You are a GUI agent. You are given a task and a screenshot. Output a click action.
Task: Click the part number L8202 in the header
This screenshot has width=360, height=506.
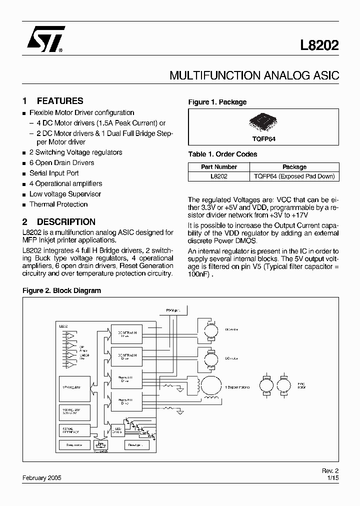(x=319, y=45)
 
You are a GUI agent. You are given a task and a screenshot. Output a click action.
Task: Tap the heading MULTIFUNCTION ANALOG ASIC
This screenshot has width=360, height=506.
(x=254, y=76)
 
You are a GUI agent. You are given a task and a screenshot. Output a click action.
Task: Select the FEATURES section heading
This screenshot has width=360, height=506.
(x=60, y=100)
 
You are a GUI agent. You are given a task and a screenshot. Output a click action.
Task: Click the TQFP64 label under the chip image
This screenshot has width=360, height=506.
(x=263, y=139)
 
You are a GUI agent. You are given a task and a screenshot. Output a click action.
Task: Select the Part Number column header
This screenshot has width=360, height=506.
(x=219, y=167)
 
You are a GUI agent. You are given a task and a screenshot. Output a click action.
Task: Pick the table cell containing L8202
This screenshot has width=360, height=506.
(x=219, y=176)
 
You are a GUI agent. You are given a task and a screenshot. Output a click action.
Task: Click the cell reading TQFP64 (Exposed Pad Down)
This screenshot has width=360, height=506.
(x=294, y=176)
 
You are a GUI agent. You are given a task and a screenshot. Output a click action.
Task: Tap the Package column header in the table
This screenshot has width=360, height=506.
(x=294, y=167)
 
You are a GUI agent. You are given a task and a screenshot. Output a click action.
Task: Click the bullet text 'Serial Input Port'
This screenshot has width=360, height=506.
(x=54, y=173)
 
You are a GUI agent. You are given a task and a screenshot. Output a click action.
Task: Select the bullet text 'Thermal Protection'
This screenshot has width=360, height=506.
(x=58, y=204)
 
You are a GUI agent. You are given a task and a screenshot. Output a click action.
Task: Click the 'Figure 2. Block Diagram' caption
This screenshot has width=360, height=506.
(x=62, y=290)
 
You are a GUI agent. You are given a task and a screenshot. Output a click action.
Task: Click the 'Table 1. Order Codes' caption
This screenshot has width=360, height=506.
(x=222, y=154)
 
